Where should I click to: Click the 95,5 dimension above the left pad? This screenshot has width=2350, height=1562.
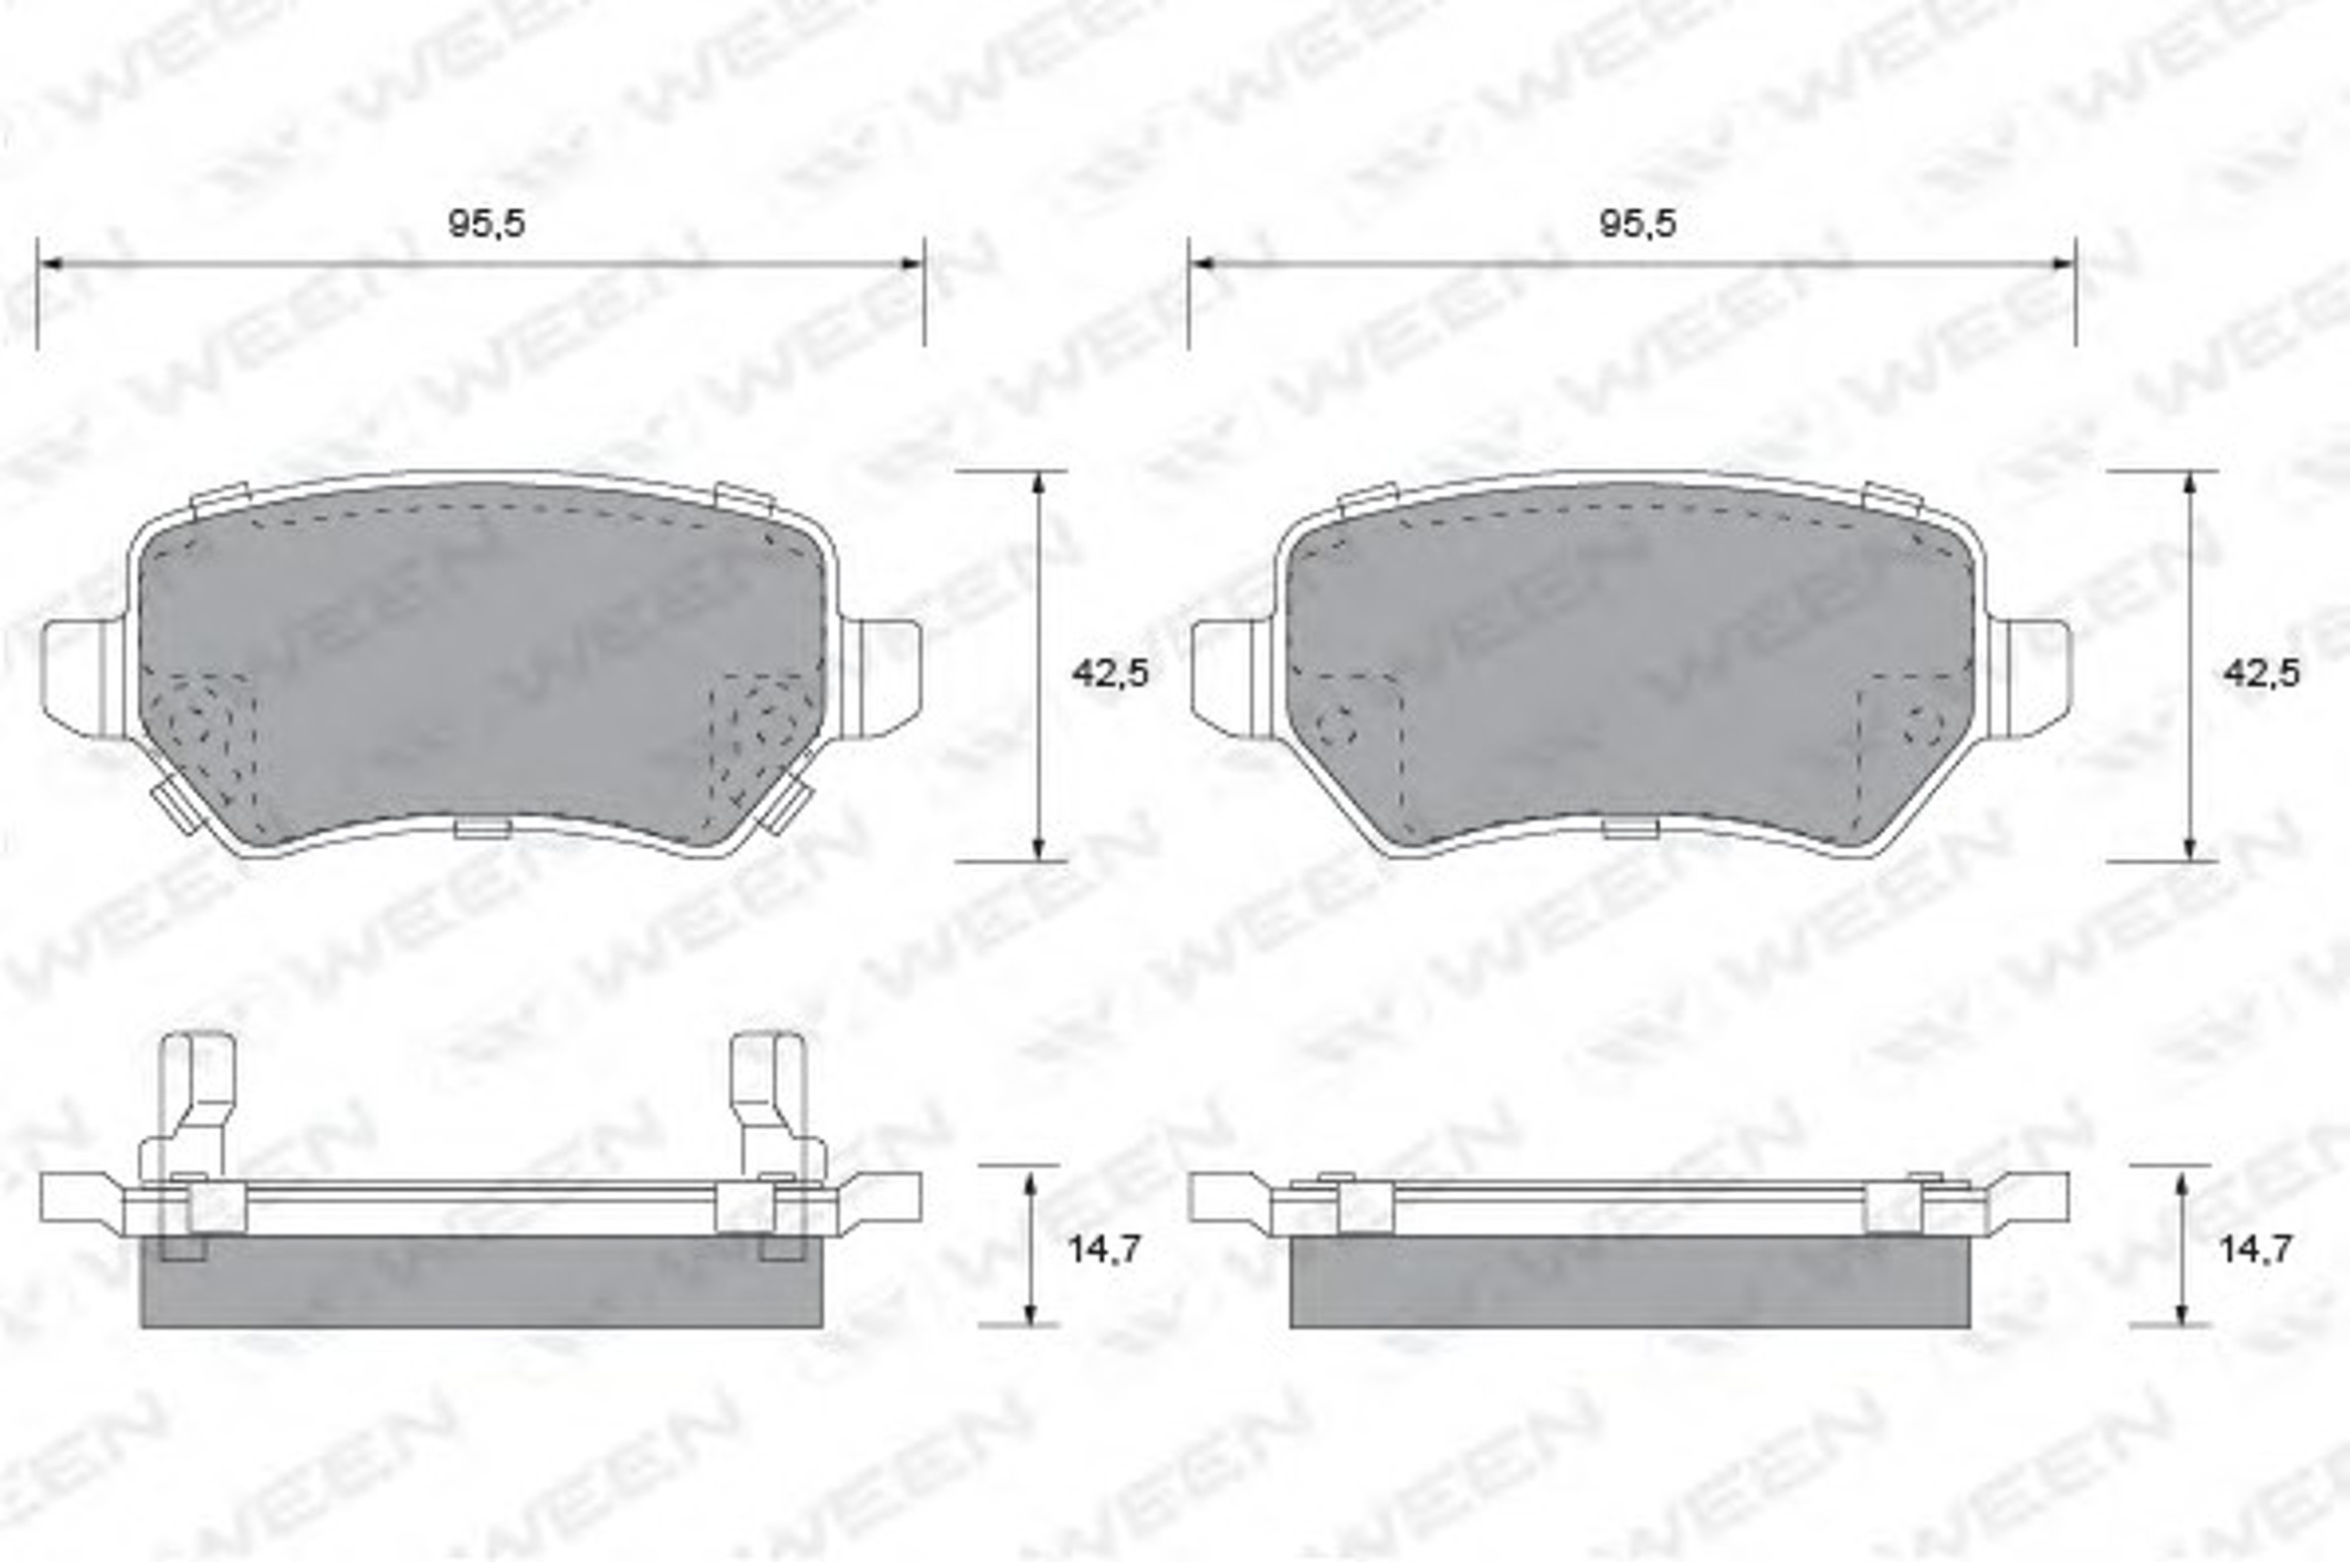point(486,224)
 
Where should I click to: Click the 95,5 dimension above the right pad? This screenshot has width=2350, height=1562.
point(1637,224)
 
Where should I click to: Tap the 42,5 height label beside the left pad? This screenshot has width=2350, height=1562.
point(1110,674)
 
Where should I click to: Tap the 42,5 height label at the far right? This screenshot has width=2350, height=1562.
point(2261,674)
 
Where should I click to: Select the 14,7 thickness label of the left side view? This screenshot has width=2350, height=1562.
point(1102,1248)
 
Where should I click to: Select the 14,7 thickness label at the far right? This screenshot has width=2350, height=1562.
point(2255,1248)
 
